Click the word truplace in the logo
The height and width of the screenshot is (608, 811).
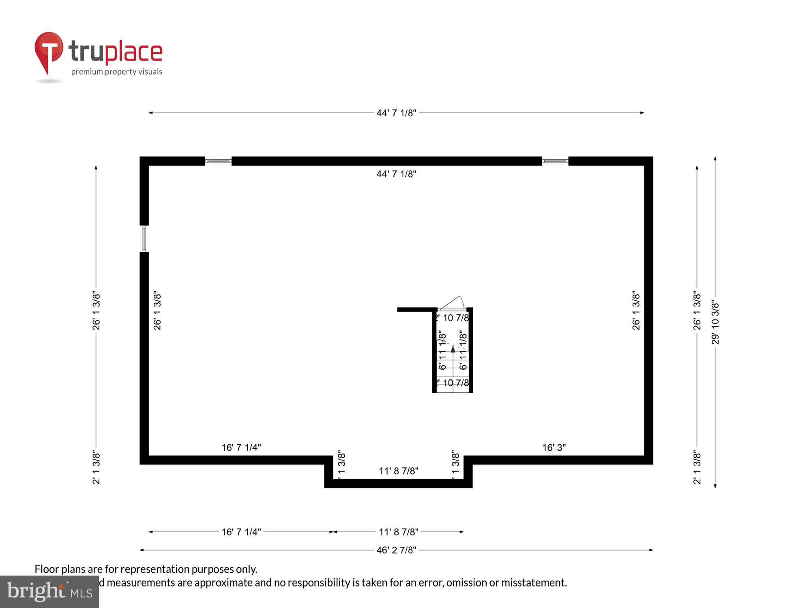[x=116, y=52]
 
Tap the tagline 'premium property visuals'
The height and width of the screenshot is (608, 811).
[x=117, y=72]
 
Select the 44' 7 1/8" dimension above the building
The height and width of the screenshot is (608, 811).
[x=396, y=113]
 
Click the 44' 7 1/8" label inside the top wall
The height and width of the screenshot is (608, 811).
[x=396, y=174]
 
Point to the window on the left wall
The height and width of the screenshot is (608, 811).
[x=144, y=239]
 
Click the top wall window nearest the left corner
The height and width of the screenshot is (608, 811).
[x=218, y=161]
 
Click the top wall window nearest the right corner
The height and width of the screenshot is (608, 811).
[x=555, y=161]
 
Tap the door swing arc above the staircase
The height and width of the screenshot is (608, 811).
[x=453, y=303]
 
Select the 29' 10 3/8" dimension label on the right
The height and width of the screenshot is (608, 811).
[x=715, y=323]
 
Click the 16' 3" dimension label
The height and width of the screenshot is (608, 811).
[x=554, y=447]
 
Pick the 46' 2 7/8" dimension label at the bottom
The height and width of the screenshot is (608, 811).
[x=396, y=550]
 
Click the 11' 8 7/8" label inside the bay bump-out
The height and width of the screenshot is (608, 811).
[x=398, y=471]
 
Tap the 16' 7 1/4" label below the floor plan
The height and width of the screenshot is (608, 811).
[x=241, y=532]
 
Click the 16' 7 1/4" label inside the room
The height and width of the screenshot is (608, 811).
[x=241, y=447]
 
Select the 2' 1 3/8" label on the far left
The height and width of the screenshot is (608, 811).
[x=96, y=467]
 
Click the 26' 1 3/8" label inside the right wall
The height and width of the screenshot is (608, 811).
[x=636, y=310]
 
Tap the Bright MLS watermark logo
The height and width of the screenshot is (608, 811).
[x=49, y=592]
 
